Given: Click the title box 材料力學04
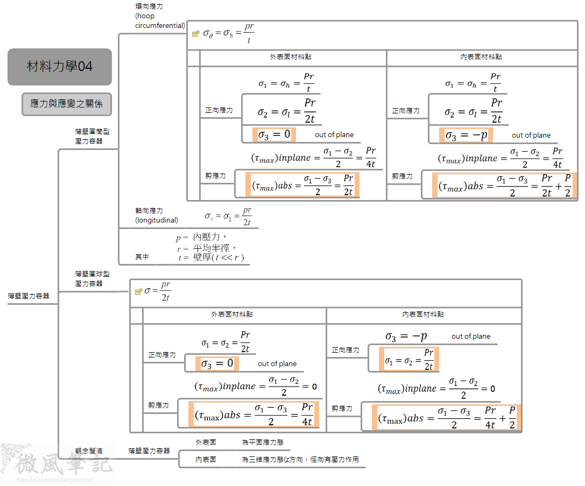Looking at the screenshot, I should [60, 67].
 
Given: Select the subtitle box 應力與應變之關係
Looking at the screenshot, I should [67, 104].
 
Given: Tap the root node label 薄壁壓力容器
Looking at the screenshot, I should [29, 296].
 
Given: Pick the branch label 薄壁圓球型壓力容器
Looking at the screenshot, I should [89, 278].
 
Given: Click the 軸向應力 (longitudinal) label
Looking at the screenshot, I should [157, 216].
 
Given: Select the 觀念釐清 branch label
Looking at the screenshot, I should [89, 451].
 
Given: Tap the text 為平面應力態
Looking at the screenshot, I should [263, 442].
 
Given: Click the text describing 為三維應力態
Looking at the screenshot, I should [300, 460].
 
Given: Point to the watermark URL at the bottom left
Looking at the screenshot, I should [55, 480].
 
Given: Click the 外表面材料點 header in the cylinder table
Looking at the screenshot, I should [291, 56].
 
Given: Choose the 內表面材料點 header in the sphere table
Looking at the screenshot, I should [423, 315].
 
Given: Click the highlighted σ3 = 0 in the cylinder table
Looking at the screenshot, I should [274, 134].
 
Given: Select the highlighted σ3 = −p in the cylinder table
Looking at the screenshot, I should [466, 135].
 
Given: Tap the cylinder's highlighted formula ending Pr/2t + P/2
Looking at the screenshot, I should [504, 185].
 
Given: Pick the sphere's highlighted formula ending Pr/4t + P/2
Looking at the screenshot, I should [447, 418].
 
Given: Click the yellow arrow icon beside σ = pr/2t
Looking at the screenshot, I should [138, 291].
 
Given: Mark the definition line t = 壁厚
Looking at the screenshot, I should [212, 258].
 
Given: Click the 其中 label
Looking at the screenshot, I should [142, 258].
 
